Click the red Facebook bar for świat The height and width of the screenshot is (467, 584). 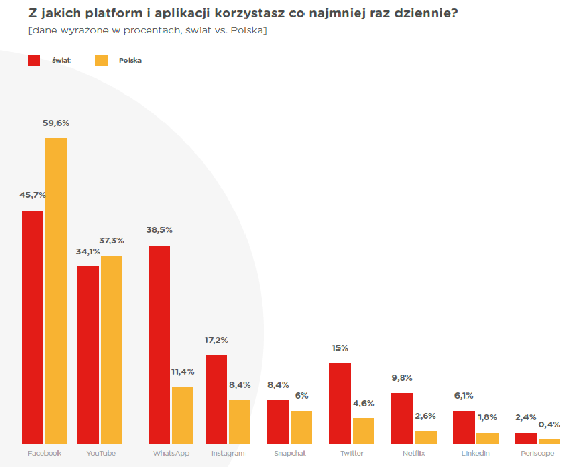pyautogui.click(x=32, y=327)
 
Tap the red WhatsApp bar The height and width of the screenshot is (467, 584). pyautogui.click(x=159, y=344)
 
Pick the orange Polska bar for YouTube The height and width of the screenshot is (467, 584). pyautogui.click(x=111, y=349)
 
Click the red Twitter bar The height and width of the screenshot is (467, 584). pyautogui.click(x=340, y=403)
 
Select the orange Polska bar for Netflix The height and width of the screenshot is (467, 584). pyautogui.click(x=426, y=437)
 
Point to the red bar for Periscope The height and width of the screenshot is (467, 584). pyautogui.click(x=526, y=438)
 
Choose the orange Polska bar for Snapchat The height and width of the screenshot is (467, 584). pyautogui.click(x=301, y=427)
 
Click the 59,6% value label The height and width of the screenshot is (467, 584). pyautogui.click(x=56, y=124)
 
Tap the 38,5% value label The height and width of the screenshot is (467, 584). pyautogui.click(x=159, y=230)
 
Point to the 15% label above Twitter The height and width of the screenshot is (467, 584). pyautogui.click(x=339, y=348)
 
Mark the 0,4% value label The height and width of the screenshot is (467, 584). pyautogui.click(x=550, y=424)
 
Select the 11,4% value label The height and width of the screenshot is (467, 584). pyautogui.click(x=183, y=372)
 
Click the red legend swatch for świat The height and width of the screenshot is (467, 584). pyautogui.click(x=34, y=60)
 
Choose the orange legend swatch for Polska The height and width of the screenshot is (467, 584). pyautogui.click(x=101, y=60)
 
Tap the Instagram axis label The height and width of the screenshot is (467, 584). pyautogui.click(x=228, y=453)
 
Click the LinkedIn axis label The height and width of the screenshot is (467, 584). pyautogui.click(x=475, y=453)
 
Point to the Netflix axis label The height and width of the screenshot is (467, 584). pyautogui.click(x=414, y=453)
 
